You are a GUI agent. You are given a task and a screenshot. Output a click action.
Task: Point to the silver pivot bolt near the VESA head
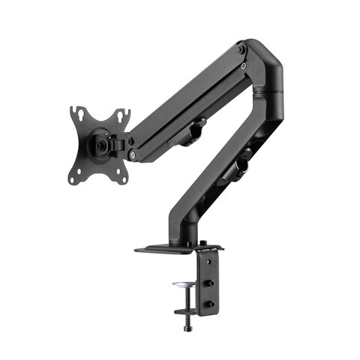click(x=133, y=155)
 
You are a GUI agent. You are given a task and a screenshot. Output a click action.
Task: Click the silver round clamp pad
click(x=183, y=286)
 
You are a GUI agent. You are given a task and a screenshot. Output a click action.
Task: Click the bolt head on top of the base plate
click(x=203, y=241)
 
